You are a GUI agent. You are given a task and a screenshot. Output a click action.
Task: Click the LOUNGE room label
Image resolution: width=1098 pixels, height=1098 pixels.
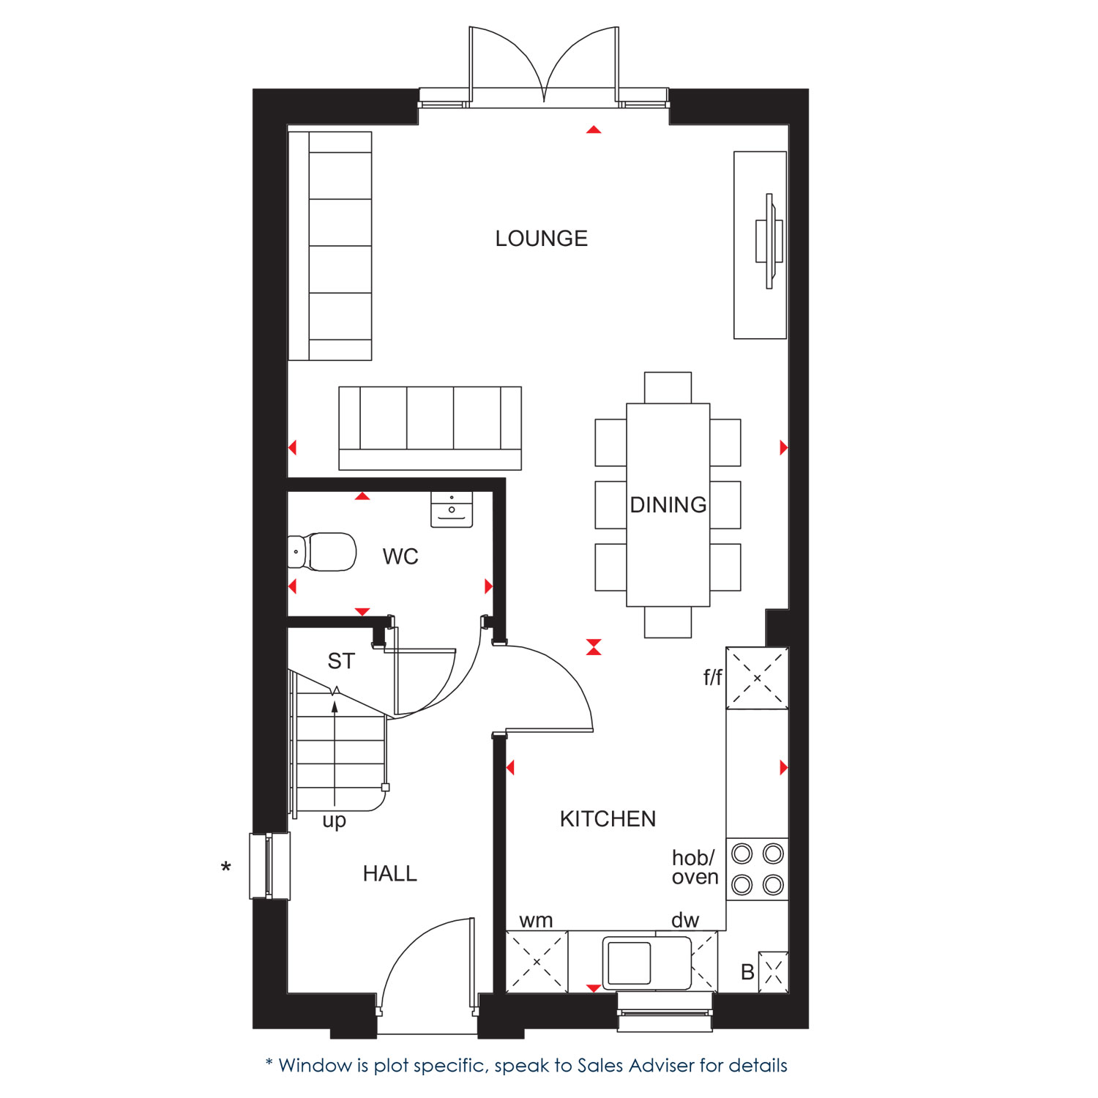tap(542, 239)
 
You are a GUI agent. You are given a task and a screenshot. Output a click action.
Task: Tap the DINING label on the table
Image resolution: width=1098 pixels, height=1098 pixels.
tap(668, 505)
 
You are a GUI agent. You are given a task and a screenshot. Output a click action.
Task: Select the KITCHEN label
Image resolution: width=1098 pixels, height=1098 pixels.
tap(608, 819)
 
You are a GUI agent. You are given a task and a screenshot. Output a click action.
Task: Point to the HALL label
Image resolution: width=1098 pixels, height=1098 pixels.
tap(390, 873)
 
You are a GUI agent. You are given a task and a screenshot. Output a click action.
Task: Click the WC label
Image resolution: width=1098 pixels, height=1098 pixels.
tap(400, 557)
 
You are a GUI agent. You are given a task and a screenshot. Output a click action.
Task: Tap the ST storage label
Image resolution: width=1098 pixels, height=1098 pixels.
tap(341, 661)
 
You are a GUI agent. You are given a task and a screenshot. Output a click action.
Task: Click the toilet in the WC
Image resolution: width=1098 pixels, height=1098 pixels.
tap(322, 552)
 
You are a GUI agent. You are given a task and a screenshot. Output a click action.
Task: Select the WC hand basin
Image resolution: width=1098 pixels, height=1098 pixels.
tap(452, 509)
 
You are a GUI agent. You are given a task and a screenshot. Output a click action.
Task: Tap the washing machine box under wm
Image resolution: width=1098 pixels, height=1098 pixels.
tap(537, 962)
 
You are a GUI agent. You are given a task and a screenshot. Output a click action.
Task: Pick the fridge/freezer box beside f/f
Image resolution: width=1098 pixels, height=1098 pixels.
tap(758, 679)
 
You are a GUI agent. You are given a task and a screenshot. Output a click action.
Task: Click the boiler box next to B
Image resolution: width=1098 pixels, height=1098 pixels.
tap(774, 972)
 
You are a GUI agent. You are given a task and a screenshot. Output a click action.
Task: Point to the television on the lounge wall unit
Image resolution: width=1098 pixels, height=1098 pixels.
tap(769, 241)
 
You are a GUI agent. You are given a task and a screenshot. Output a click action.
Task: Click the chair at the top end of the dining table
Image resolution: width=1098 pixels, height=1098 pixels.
tap(668, 388)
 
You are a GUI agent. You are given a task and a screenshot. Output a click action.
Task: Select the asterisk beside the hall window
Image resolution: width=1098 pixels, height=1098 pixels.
tap(226, 867)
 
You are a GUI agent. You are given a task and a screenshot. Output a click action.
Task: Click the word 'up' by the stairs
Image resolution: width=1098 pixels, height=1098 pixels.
tap(335, 821)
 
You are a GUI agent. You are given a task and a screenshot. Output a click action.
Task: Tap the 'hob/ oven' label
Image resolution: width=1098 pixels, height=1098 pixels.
tap(695, 867)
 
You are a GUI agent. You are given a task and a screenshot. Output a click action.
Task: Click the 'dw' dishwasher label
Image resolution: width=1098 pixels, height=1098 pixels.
tap(685, 920)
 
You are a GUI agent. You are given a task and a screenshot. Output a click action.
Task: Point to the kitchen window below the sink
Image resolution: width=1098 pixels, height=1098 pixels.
tap(665, 1012)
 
